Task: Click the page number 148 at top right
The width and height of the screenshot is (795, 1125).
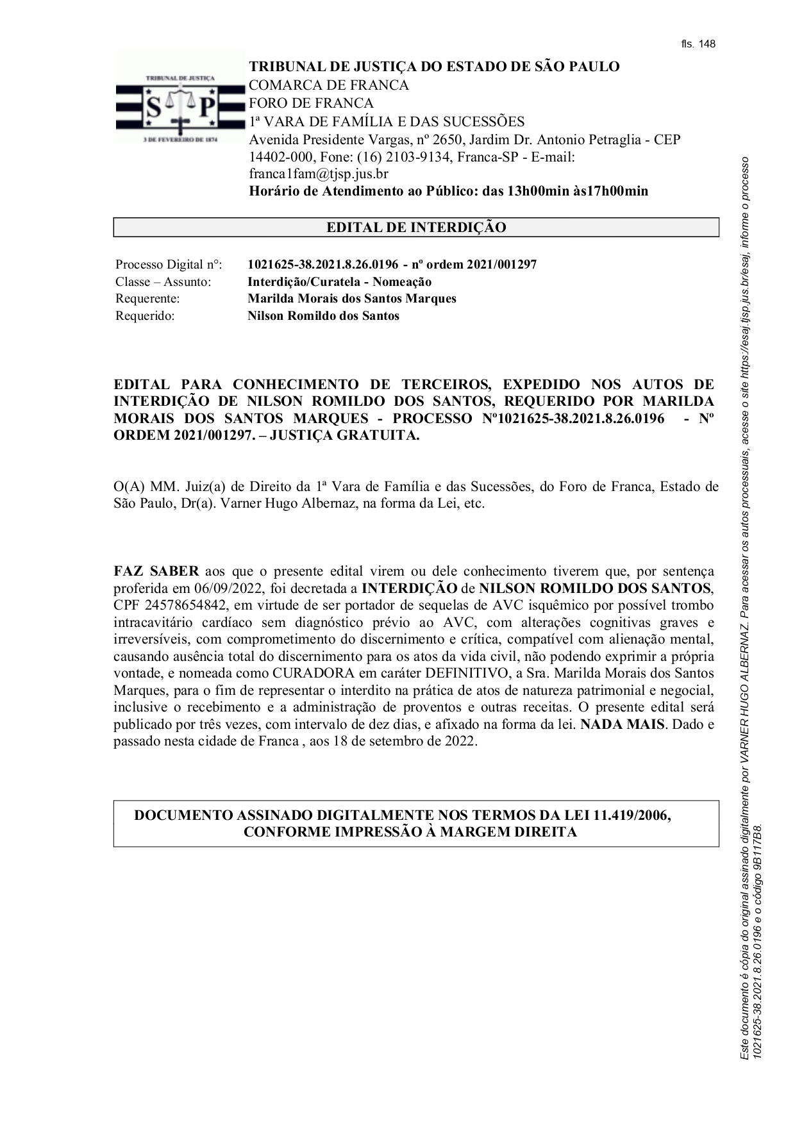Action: coord(707,44)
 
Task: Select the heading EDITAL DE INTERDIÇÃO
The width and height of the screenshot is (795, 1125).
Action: coord(416,228)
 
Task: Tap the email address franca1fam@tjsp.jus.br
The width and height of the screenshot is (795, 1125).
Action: coord(318,174)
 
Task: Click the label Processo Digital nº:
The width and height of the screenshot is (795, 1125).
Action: coord(169,265)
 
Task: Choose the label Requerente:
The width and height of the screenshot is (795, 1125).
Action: coord(147,299)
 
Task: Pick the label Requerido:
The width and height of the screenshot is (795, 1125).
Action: coord(145,316)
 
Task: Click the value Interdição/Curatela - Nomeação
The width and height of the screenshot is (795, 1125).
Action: coord(339,282)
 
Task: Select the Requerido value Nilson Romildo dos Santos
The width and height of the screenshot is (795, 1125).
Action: coord(323,316)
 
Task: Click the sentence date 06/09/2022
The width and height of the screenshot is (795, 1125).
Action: coord(230,588)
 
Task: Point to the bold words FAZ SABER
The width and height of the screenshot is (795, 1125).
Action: coord(156,571)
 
